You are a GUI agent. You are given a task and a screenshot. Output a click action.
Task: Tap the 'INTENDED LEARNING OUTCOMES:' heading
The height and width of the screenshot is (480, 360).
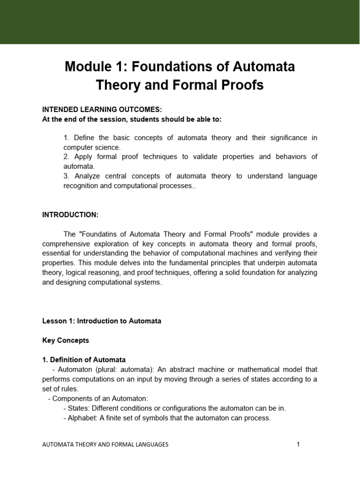tap(102, 109)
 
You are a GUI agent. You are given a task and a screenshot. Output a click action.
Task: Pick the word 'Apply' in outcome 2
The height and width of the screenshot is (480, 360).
tap(82, 157)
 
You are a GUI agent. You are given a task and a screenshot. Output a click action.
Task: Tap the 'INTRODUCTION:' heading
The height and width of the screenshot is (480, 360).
tap(70, 214)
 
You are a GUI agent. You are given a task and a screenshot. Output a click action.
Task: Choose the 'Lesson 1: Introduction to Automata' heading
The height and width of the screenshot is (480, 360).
tap(102, 321)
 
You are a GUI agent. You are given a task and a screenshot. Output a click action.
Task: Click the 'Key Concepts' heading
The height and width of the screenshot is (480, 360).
tap(66, 340)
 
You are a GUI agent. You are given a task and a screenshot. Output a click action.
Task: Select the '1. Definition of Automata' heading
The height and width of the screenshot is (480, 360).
tap(84, 360)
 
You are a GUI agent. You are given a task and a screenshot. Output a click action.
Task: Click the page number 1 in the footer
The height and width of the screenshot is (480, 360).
tap(298, 444)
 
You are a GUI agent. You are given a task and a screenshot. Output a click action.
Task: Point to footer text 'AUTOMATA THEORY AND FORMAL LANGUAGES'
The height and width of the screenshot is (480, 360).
tap(105, 444)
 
